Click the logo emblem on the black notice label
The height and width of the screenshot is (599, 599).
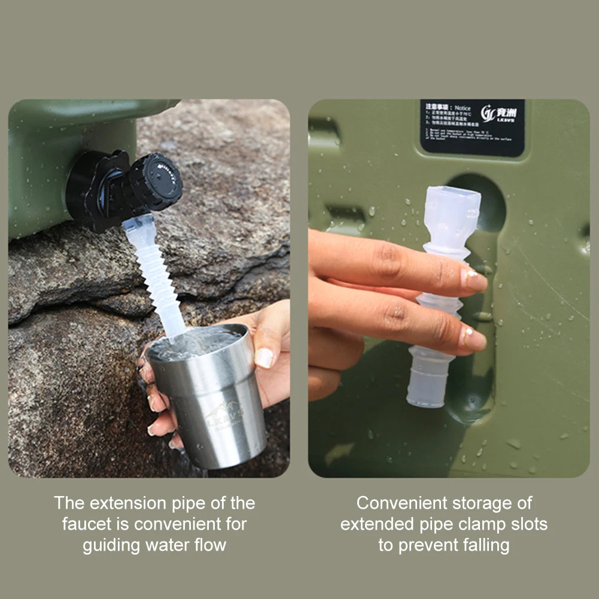point(489,113)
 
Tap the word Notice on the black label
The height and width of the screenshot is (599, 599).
point(463,108)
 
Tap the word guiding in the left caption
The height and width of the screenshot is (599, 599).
point(112,545)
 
